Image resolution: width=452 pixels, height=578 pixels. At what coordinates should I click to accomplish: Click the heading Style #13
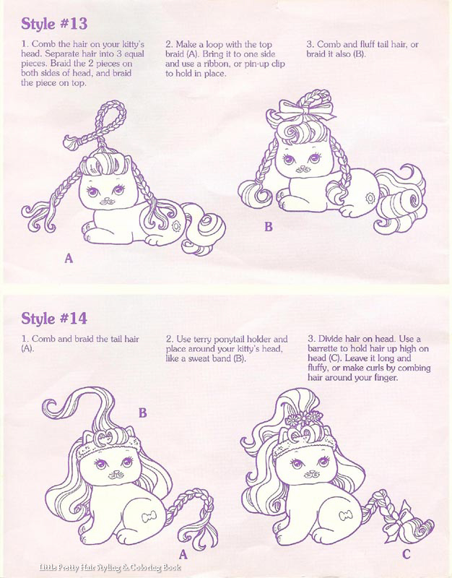tap(54, 24)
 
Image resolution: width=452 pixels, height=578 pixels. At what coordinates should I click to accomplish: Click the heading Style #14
tap(54, 318)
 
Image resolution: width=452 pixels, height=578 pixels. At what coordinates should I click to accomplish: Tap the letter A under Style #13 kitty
tap(69, 258)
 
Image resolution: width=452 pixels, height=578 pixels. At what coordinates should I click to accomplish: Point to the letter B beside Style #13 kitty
tap(269, 227)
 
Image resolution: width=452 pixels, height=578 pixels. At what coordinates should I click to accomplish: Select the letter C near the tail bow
tap(407, 554)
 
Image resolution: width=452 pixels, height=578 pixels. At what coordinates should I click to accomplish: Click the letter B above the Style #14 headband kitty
tap(142, 413)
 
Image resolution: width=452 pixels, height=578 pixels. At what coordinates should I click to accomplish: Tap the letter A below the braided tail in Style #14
tap(183, 554)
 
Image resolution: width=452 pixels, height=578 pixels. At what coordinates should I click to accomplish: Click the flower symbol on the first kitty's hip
tap(175, 225)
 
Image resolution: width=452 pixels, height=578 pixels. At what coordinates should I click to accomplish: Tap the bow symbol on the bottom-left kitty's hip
tap(149, 515)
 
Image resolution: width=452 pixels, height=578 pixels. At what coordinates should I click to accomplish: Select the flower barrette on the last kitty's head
tap(304, 418)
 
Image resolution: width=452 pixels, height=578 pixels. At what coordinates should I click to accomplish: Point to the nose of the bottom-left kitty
tap(116, 472)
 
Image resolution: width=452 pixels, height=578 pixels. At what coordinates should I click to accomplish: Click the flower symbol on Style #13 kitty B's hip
tap(370, 198)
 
